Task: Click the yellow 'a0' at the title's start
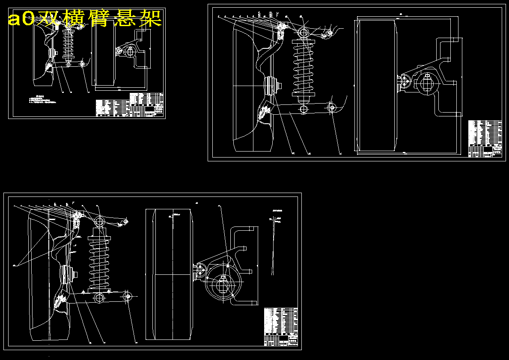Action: (x=21, y=18)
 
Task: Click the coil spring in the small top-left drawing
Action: (x=68, y=44)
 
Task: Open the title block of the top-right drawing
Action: (x=485, y=139)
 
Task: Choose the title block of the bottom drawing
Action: (x=281, y=327)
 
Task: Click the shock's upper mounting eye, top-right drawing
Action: (x=303, y=31)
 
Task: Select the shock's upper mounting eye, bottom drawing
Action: (x=100, y=221)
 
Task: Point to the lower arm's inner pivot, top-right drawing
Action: (x=331, y=107)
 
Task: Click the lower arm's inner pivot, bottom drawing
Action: (x=127, y=296)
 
